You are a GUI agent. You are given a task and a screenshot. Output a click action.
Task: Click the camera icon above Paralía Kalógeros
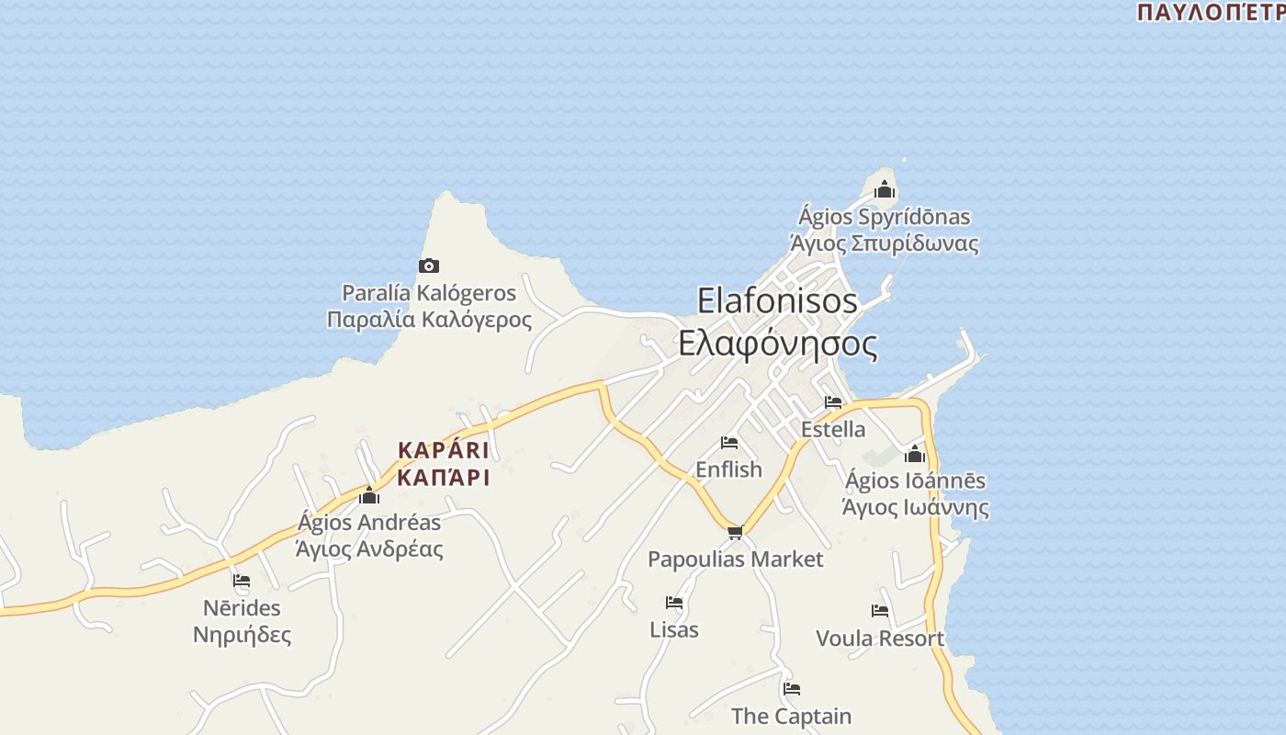pos(429,266)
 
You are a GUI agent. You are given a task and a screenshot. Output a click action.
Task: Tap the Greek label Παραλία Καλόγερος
pos(429,320)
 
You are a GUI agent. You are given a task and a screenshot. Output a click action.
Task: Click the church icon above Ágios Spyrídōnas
pos(885,190)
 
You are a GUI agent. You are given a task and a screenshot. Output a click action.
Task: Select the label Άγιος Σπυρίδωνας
pos(884,243)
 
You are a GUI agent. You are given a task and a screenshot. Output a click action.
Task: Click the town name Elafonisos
pos(777,300)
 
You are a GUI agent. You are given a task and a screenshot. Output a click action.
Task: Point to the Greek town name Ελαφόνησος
pos(777,344)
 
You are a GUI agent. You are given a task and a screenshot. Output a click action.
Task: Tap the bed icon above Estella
pos(833,402)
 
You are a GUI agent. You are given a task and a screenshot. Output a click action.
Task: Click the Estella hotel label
pos(833,429)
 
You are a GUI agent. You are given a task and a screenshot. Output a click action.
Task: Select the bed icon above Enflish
pos(729,443)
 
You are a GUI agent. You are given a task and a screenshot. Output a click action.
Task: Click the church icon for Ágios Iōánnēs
pos(915,454)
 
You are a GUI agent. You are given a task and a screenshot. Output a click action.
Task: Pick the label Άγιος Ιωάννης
pos(915,507)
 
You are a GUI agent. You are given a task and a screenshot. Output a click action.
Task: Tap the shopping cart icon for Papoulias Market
pos(735,532)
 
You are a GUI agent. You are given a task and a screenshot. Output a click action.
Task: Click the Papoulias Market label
pos(735,559)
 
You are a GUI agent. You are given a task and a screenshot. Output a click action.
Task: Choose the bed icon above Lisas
pos(674,603)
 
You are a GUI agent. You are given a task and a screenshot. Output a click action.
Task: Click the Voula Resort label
pos(879,638)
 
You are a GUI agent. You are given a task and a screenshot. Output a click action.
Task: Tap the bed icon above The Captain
pos(792,689)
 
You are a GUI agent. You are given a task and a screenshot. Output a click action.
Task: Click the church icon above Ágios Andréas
pos(369,496)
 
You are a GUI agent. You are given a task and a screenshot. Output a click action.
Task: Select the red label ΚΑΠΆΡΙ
pos(443,478)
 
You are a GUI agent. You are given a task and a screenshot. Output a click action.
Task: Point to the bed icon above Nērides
pos(242,581)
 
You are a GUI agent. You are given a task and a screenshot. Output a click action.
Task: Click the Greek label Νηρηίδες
pos(242,635)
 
